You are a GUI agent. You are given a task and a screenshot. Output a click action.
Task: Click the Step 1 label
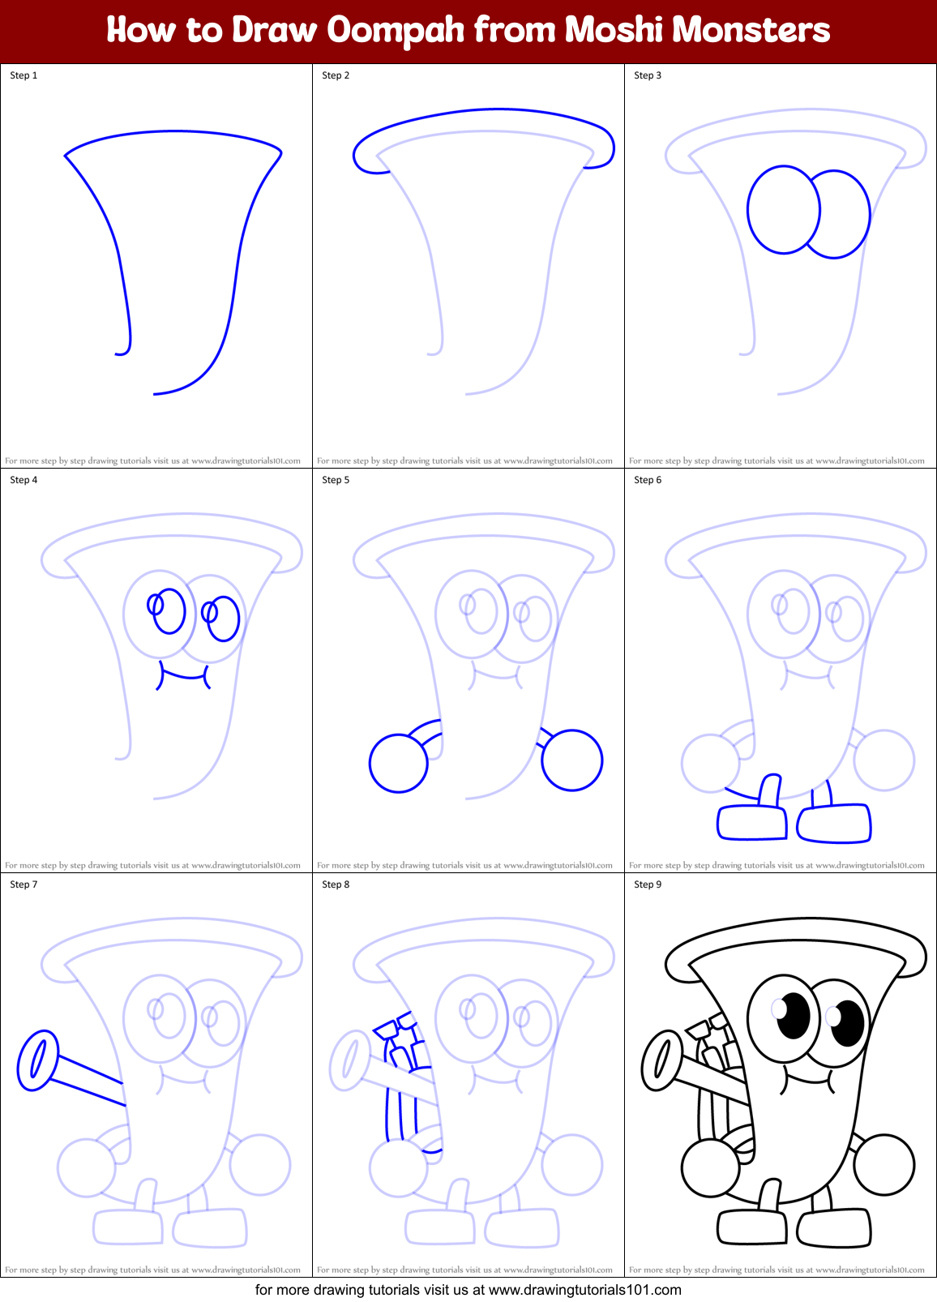(24, 75)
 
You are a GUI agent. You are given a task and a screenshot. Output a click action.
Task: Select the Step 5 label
(336, 480)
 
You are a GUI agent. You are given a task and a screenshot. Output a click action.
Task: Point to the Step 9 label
(648, 884)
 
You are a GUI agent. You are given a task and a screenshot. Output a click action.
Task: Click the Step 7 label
(24, 884)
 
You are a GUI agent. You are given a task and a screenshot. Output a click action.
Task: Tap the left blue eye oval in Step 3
(783, 210)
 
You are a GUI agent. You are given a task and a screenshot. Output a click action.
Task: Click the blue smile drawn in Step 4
(183, 675)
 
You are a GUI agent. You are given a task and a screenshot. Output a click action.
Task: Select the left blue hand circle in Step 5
(398, 763)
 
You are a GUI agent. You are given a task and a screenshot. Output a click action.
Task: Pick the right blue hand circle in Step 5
(572, 760)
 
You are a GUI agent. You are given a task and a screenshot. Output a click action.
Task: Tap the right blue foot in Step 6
(834, 824)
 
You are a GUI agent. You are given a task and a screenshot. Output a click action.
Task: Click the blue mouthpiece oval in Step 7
(37, 1060)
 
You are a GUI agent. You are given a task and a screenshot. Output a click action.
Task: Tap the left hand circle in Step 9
(710, 1168)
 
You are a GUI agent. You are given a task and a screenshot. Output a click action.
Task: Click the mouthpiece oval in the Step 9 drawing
(661, 1060)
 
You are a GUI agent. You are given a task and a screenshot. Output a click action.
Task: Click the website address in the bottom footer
(584, 1290)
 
